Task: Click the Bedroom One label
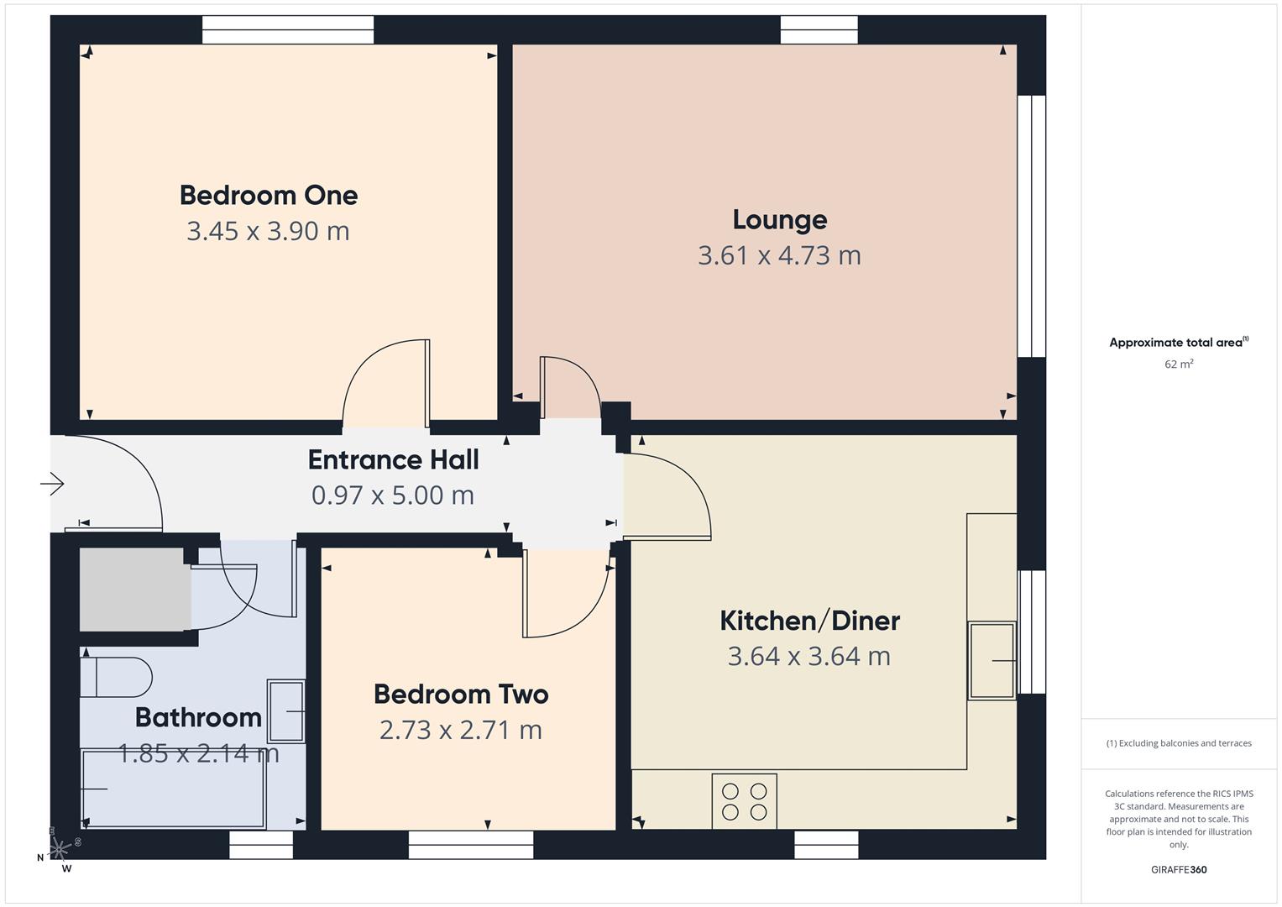(269, 195)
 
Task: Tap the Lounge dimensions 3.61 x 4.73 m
(779, 255)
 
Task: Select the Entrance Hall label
(393, 459)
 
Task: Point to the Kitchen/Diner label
(809, 621)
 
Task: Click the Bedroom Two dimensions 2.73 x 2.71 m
(460, 730)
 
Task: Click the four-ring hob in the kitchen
(744, 801)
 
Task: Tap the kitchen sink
(992, 661)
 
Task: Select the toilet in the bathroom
(116, 677)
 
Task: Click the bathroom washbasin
(285, 711)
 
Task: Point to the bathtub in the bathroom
(173, 789)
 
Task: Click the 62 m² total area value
(1179, 364)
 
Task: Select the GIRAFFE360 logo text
(1179, 870)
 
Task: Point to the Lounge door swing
(569, 386)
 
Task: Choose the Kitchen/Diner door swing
(668, 495)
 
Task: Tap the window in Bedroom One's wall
(288, 30)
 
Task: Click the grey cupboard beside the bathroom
(133, 589)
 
